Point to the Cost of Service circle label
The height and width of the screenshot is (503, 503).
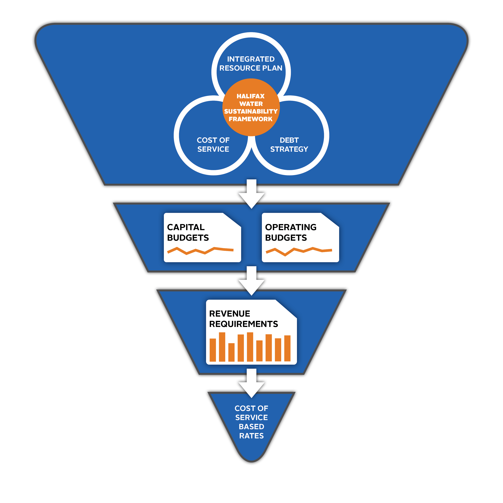(x=213, y=144)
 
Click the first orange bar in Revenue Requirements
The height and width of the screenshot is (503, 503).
(x=213, y=350)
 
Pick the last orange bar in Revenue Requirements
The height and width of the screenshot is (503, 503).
(x=287, y=348)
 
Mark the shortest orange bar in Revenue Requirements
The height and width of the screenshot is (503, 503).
(x=231, y=353)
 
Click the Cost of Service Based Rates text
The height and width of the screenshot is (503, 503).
(x=252, y=422)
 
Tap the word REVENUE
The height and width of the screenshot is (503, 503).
(x=230, y=314)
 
